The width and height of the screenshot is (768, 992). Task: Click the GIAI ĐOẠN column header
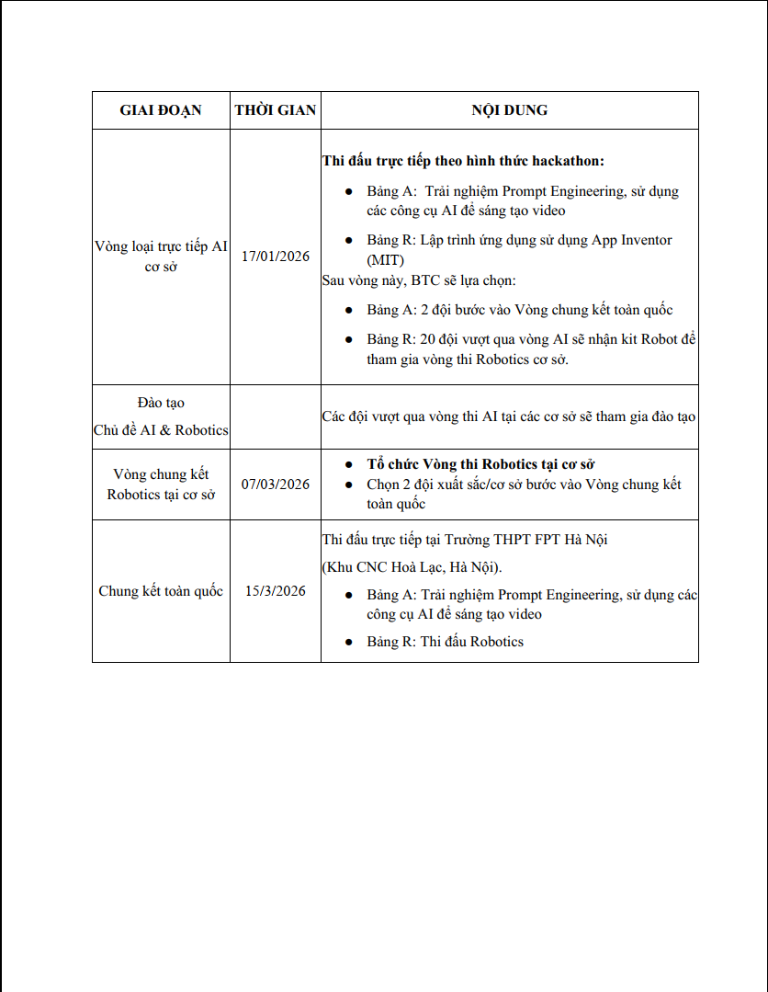tap(161, 110)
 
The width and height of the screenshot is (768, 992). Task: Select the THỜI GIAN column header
tap(276, 110)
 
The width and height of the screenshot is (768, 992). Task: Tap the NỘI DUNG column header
tap(510, 110)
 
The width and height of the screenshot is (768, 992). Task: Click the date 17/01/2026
tap(276, 257)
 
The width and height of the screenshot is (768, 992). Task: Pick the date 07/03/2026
tap(276, 485)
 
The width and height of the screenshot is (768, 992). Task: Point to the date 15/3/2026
tap(276, 591)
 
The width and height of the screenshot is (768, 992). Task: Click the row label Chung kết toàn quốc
tap(161, 591)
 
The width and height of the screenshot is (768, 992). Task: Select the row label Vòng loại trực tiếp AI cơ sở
tap(161, 257)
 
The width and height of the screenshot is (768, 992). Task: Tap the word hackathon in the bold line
tap(568, 161)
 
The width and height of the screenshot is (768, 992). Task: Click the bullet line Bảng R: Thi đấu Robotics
tap(445, 642)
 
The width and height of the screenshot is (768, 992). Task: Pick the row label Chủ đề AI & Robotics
tap(161, 430)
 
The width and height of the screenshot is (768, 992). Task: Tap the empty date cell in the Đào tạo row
tap(276, 416)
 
